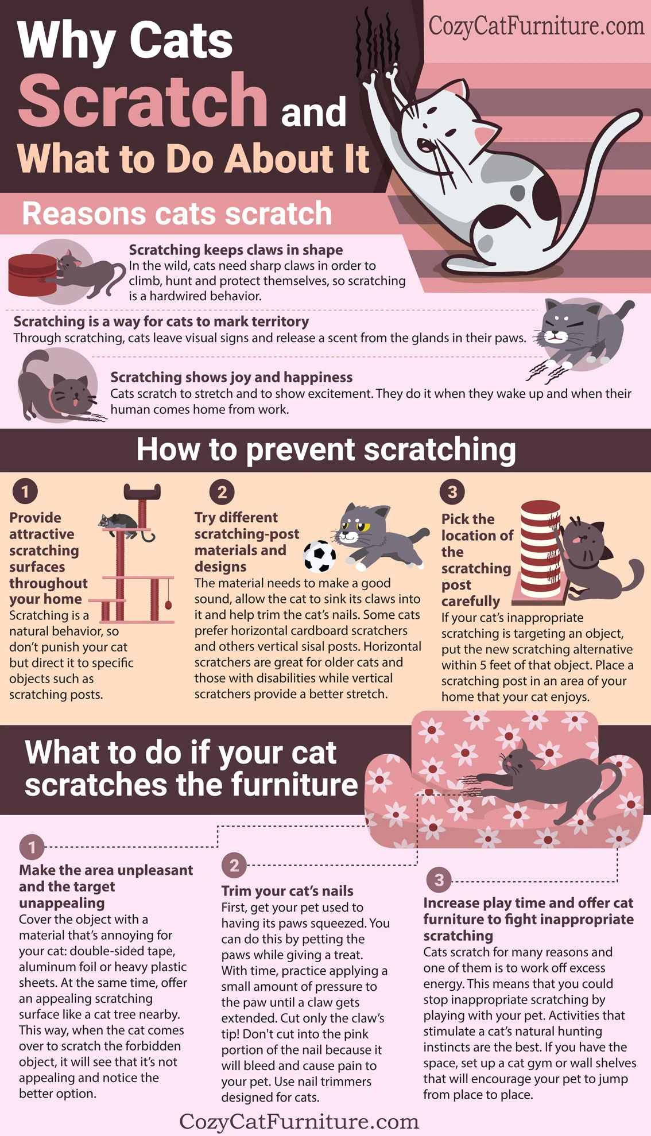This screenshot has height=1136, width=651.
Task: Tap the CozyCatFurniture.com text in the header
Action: pyautogui.click(x=536, y=26)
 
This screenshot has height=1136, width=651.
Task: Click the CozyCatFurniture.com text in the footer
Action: pyautogui.click(x=299, y=1121)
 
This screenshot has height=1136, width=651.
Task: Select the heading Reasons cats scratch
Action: pyautogui.click(x=177, y=214)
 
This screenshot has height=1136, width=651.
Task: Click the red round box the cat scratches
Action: pyautogui.click(x=32, y=274)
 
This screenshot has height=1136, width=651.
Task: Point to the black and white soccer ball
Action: pyautogui.click(x=320, y=556)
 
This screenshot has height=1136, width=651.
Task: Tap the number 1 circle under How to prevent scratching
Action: pyautogui.click(x=25, y=491)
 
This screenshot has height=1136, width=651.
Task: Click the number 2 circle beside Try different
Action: pyautogui.click(x=222, y=492)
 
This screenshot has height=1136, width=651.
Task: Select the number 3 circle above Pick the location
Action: pyautogui.click(x=452, y=492)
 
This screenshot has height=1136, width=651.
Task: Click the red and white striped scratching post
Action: pyautogui.click(x=540, y=548)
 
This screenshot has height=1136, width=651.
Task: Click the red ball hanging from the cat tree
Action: pyautogui.click(x=168, y=604)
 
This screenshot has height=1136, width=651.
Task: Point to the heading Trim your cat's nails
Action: pyautogui.click(x=287, y=891)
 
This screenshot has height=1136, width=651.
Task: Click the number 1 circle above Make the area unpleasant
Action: pyautogui.click(x=32, y=847)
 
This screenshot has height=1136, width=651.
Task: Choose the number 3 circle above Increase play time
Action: pyautogui.click(x=439, y=880)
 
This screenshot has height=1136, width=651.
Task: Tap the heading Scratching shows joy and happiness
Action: pyautogui.click(x=231, y=377)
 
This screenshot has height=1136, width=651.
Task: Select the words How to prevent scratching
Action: pyautogui.click(x=325, y=449)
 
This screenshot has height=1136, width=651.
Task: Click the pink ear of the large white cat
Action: pyautogui.click(x=484, y=136)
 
